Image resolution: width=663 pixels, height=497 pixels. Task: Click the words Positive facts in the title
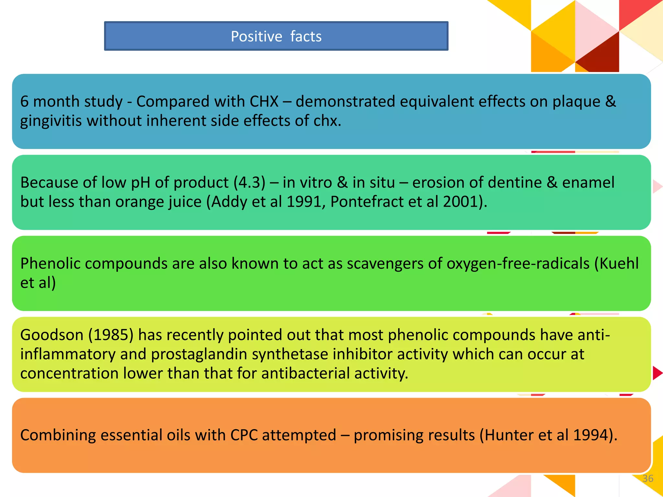pyautogui.click(x=276, y=36)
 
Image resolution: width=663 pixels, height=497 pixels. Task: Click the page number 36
pyautogui.click(x=648, y=479)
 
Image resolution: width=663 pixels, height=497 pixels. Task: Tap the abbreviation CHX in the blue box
pyautogui.click(x=264, y=102)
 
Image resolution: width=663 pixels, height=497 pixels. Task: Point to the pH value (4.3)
pyautogui.click(x=249, y=183)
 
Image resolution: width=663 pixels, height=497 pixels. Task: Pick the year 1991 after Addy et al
pyautogui.click(x=304, y=202)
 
